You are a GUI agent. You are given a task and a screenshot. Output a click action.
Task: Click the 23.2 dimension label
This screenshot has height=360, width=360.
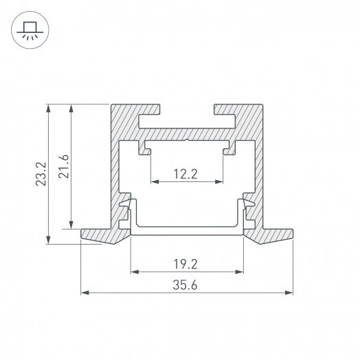pos(41,173)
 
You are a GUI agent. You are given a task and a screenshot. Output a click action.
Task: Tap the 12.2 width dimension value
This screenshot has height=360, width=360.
pos(185,174)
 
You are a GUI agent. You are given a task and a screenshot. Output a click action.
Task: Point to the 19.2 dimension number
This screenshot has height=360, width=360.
pos(186,262)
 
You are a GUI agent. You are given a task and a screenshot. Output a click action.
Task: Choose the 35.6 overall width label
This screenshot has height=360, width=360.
pos(186,285)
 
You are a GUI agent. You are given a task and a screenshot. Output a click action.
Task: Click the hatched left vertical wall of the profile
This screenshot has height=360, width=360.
pos(115,165)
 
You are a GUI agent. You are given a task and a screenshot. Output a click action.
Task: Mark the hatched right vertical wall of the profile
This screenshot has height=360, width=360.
pos(259,165)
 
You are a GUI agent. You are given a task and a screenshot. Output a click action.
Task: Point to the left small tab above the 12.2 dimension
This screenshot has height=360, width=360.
pos(146,147)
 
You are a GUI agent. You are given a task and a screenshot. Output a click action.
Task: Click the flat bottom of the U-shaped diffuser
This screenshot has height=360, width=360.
pos(187,229)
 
